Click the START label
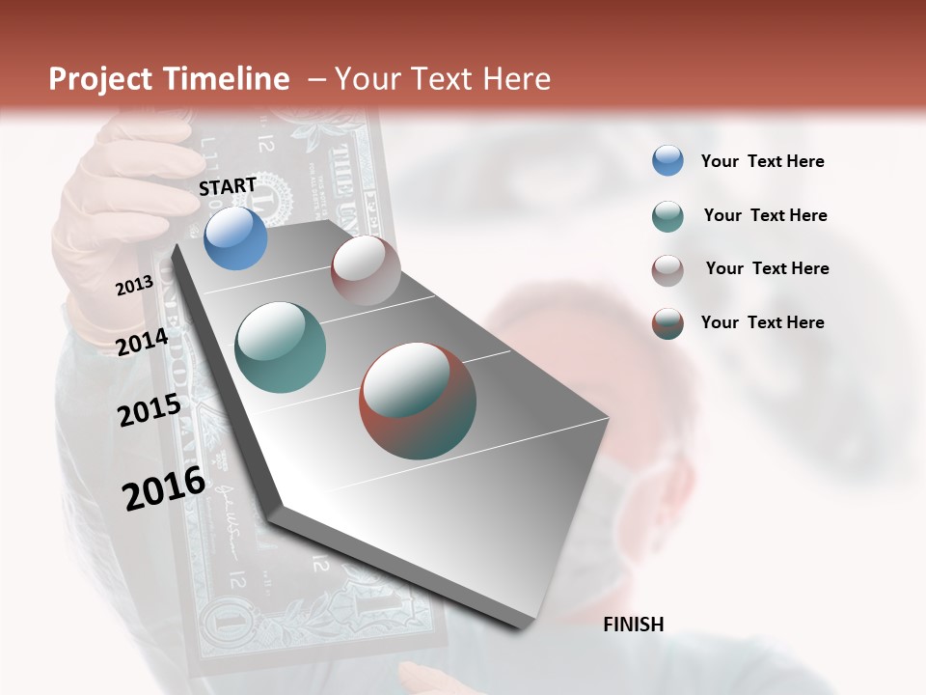click(228, 186)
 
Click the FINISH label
click(633, 625)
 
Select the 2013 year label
click(134, 286)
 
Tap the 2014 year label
click(143, 343)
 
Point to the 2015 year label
click(150, 410)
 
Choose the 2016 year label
click(164, 488)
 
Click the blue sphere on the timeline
click(235, 238)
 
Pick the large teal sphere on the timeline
click(280, 347)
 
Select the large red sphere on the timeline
click(418, 401)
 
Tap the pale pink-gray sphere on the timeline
click(366, 270)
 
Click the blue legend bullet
click(667, 161)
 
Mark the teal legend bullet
click(667, 216)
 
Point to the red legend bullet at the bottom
click(667, 323)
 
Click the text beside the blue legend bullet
click(762, 162)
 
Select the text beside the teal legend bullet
click(765, 215)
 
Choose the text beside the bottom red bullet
click(762, 322)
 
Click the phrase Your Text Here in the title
click(442, 79)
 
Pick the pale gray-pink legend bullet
click(667, 270)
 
